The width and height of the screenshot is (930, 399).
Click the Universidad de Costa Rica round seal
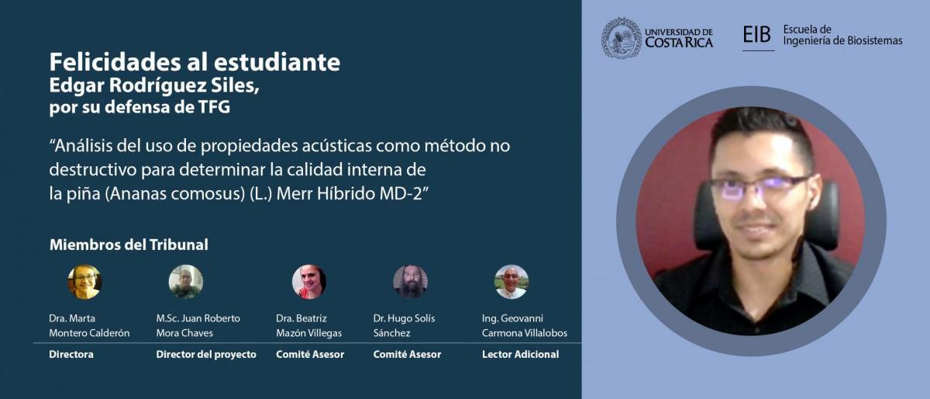tap(622, 38)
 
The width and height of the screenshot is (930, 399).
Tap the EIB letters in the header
tap(757, 34)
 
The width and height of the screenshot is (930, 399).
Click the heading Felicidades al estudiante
tap(195, 62)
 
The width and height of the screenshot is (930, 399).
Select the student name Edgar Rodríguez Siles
tap(153, 85)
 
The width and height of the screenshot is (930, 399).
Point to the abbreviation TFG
tap(214, 107)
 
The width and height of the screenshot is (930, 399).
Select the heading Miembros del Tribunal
tap(129, 245)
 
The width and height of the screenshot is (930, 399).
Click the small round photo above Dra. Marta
tap(84, 282)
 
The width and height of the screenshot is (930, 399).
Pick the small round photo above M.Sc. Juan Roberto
tap(185, 282)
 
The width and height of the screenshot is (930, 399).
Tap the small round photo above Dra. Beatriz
tap(309, 282)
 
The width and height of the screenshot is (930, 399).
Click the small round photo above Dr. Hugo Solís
tap(410, 282)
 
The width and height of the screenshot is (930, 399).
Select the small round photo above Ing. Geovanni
tap(511, 282)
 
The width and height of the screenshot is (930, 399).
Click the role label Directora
tap(71, 355)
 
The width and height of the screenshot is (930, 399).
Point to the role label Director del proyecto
tap(206, 355)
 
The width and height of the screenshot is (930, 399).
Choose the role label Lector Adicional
tap(520, 355)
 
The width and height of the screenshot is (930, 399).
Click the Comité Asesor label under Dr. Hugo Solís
tap(407, 355)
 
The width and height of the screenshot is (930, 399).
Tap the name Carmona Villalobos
tap(525, 333)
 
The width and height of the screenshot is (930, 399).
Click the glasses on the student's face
tap(759, 188)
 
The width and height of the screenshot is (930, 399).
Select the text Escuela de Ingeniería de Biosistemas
tap(842, 35)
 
